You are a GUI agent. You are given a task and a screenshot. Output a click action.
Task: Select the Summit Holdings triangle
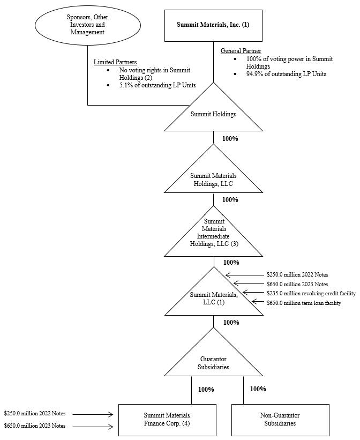pyautogui.click(x=214, y=113)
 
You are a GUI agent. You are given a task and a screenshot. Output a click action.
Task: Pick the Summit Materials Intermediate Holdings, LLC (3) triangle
pyautogui.click(x=214, y=235)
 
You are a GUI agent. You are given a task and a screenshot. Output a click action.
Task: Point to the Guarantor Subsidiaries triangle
pyautogui.click(x=214, y=362)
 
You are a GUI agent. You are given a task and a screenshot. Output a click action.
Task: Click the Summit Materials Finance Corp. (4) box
pyautogui.click(x=167, y=420)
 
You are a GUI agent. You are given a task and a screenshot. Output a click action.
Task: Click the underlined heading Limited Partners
pyautogui.click(x=115, y=62)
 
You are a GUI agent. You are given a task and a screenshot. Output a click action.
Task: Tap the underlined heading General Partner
pyautogui.click(x=241, y=50)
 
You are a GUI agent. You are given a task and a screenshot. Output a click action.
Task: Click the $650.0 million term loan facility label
pyautogui.click(x=304, y=303)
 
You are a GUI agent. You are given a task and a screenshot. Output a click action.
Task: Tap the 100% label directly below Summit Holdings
pyautogui.click(x=230, y=138)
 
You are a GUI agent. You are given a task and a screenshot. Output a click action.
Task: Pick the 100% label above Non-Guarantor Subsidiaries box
pyautogui.click(x=258, y=389)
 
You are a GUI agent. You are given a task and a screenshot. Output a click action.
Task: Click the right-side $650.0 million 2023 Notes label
pyautogui.click(x=297, y=284)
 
